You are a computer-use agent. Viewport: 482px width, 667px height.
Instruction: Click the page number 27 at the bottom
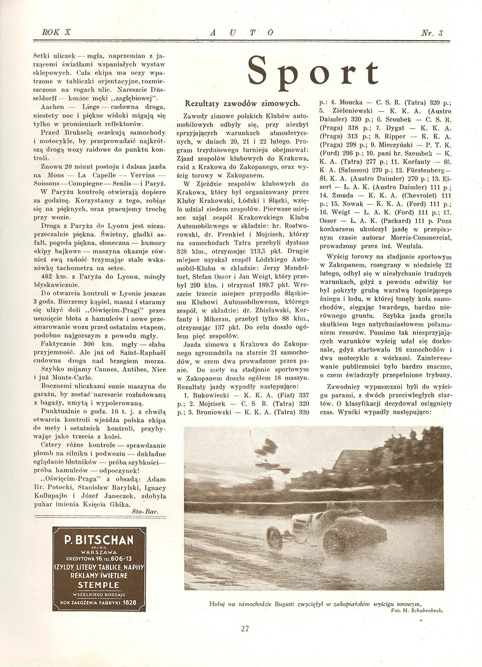(x=245, y=629)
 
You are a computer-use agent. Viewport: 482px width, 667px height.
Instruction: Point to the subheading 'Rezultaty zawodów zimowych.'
(x=242, y=102)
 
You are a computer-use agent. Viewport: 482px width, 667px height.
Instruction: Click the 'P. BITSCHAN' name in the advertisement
(x=99, y=539)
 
